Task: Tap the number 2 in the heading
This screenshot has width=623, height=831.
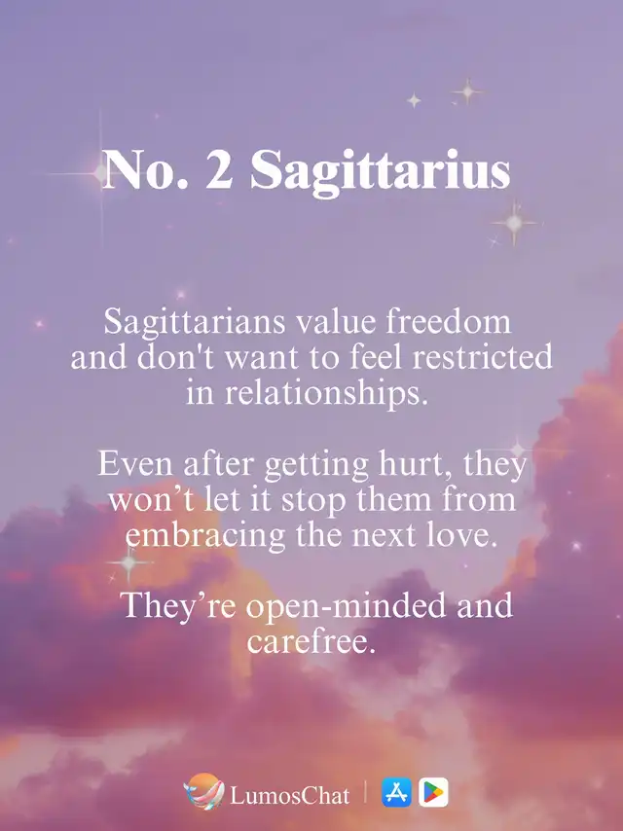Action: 219,168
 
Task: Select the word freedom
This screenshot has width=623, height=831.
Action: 448,321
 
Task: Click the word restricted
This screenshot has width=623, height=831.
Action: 482,357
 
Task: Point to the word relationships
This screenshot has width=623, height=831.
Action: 325,393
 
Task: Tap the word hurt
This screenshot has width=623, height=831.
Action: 411,464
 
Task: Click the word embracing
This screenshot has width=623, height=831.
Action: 205,535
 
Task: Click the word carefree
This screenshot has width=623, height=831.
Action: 311,641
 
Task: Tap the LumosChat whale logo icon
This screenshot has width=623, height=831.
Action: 204,791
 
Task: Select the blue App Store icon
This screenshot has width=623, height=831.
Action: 396,792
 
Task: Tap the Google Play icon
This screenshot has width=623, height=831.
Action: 433,792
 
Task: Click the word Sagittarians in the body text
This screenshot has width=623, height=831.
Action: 195,322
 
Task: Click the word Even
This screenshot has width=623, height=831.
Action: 135,464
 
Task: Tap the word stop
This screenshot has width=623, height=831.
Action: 312,500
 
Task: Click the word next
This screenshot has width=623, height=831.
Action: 383,536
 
